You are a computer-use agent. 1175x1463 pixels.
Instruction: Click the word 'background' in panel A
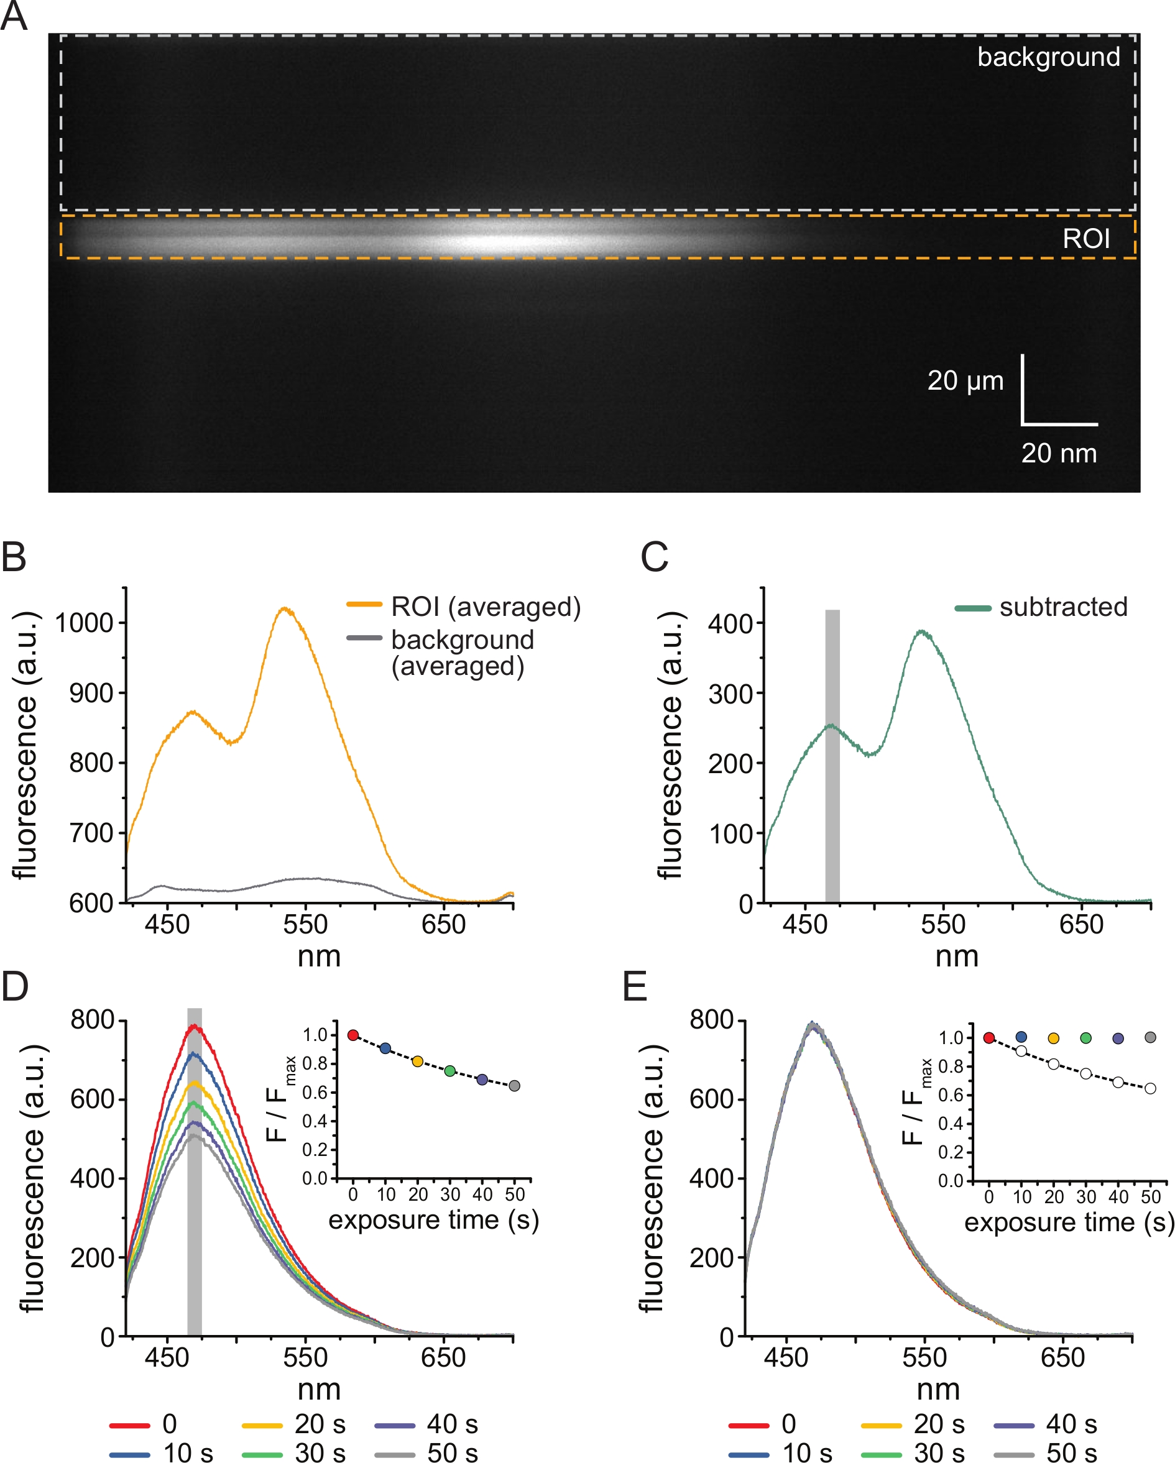coord(1048,57)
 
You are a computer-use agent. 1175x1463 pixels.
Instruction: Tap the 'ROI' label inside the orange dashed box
coord(1086,239)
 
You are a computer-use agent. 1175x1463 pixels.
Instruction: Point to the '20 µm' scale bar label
coord(965,381)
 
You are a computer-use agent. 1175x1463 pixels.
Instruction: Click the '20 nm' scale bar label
coord(1059,453)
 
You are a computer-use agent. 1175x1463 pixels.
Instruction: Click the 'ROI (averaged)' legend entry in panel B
coord(486,607)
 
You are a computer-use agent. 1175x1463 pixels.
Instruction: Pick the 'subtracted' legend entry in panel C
coord(1063,607)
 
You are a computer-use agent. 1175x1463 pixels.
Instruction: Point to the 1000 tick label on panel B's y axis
coord(83,623)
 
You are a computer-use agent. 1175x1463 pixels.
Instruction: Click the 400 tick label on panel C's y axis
coord(730,623)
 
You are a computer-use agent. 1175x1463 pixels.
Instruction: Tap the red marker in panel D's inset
coord(353,1035)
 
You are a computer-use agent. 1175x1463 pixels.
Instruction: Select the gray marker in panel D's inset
coord(515,1086)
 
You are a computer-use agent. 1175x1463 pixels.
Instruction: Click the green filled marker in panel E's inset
coord(1085,1037)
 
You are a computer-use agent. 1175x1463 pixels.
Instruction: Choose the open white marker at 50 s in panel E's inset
coord(1150,1088)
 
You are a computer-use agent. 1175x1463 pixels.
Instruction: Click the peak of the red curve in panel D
coord(195,1027)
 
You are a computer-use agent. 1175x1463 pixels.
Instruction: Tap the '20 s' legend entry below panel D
coord(319,1424)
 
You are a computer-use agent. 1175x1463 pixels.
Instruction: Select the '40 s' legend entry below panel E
coord(1071,1424)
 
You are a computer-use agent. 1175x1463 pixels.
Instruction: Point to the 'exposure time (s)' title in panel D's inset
coord(434,1219)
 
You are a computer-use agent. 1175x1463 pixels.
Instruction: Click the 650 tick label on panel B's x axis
coord(443,924)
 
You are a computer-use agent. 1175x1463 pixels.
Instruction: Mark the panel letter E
coord(635,988)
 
